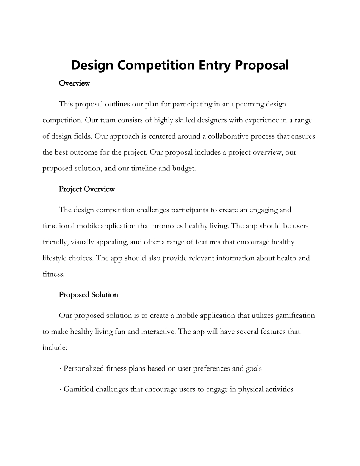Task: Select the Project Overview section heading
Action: click(87, 189)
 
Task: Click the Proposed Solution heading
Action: click(89, 295)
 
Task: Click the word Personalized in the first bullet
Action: click(84, 368)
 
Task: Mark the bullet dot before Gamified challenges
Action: click(61, 389)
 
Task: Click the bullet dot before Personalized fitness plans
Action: click(61, 369)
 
